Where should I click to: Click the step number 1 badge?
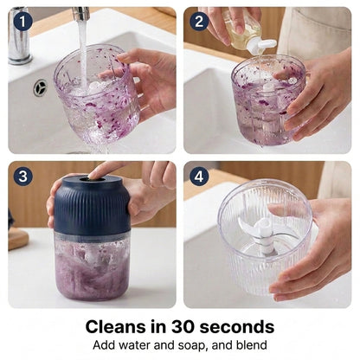pyautogui.click(x=22, y=21)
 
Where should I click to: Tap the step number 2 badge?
pyautogui.click(x=199, y=21)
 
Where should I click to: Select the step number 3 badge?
pyautogui.click(x=22, y=177)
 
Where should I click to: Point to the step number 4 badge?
pyautogui.click(x=199, y=177)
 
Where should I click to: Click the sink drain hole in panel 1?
pyautogui.click(x=40, y=87)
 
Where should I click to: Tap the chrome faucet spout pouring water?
pyautogui.click(x=80, y=13)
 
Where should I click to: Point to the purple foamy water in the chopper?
pyautogui.click(x=92, y=271)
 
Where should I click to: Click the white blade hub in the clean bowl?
pyautogui.click(x=266, y=235)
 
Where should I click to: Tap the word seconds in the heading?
pyautogui.click(x=237, y=327)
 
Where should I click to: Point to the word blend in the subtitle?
pyautogui.click(x=253, y=345)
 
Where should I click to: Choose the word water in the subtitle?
pyautogui.click(x=134, y=345)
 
